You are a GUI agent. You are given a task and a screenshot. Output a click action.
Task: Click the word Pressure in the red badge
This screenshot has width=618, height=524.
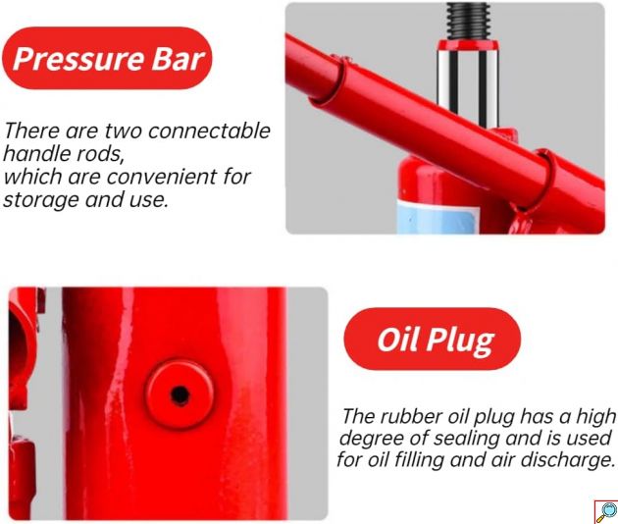coord(77,59)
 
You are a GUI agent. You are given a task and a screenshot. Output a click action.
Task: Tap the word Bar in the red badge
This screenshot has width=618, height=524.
coord(178,59)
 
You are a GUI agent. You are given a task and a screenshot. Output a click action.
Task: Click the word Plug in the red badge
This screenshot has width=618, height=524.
coord(461,341)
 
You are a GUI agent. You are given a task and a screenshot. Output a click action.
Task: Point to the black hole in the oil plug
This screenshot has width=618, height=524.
coord(180,394)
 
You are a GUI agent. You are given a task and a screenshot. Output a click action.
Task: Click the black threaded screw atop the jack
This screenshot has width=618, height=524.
coord(468,21)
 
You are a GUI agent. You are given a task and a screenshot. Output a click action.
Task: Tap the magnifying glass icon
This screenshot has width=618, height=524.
coord(606,512)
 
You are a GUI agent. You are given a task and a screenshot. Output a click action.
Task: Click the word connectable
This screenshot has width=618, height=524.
coord(209,131)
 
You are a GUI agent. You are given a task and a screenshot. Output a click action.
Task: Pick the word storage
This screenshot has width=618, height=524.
coord(41,200)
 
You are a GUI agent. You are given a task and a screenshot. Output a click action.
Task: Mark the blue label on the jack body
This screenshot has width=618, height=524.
coord(438,216)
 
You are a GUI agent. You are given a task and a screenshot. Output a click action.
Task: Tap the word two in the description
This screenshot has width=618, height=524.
coord(124,131)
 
